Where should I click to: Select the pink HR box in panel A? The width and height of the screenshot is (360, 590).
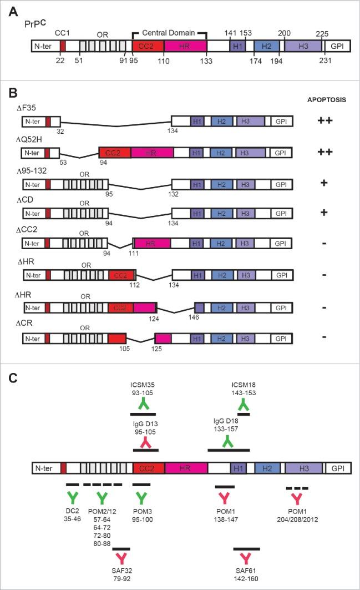(x=186, y=47)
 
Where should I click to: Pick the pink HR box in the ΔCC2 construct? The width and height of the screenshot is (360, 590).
(x=151, y=243)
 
